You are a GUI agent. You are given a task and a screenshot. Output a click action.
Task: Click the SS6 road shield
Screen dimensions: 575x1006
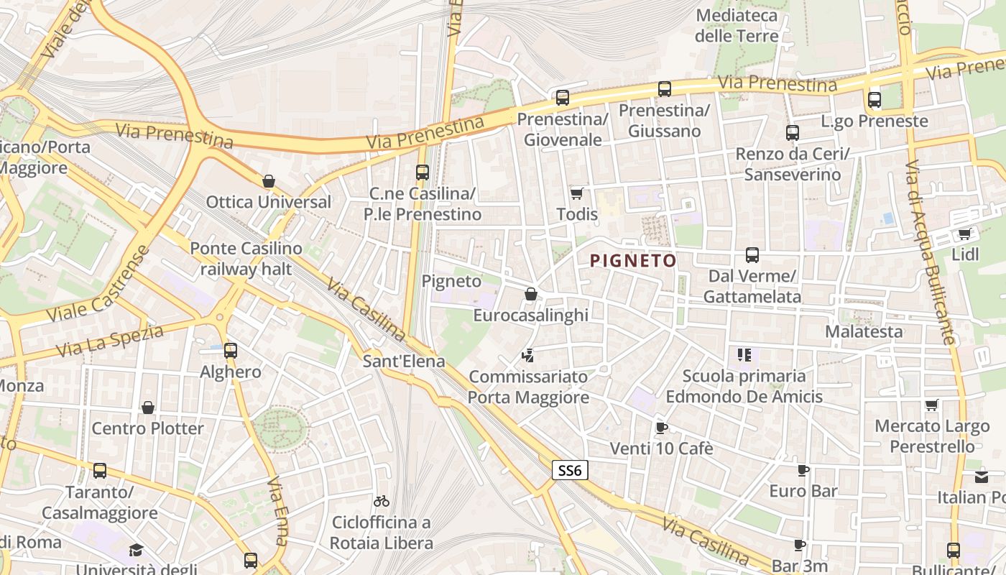570,471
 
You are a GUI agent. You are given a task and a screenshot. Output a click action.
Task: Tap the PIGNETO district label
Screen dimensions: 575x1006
633,260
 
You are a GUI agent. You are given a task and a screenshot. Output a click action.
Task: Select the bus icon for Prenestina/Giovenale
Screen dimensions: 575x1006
562,97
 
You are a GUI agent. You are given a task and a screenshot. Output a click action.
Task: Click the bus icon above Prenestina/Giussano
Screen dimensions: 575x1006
665,89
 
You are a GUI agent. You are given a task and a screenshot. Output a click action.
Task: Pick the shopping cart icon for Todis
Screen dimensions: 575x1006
576,193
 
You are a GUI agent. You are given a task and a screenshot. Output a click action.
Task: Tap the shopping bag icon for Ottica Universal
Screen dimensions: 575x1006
269,181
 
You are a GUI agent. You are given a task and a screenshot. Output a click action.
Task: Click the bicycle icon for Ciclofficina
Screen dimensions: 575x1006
382,501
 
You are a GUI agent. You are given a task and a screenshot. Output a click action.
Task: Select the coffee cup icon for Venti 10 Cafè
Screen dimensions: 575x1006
661,428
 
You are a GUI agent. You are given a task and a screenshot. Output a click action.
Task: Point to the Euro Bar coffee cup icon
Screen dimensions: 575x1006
803,471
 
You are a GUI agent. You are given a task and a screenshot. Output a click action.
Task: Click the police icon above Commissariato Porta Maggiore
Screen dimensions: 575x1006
528,355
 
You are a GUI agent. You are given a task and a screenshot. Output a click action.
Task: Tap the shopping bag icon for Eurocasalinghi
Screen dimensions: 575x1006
530,294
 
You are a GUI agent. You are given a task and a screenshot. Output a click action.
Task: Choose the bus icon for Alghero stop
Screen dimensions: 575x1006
230,351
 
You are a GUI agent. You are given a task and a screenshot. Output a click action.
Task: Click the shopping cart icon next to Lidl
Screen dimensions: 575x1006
964,234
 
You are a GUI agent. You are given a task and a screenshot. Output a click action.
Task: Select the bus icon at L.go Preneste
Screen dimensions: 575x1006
874,100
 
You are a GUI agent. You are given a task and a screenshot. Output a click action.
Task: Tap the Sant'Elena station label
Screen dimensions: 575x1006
404,361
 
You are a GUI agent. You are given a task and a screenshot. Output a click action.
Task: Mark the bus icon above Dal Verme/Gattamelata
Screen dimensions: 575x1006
752,255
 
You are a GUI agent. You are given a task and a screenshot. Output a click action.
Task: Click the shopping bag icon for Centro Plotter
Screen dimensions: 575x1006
148,408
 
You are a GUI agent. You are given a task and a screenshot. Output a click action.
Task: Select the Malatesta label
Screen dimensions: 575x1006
864,331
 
